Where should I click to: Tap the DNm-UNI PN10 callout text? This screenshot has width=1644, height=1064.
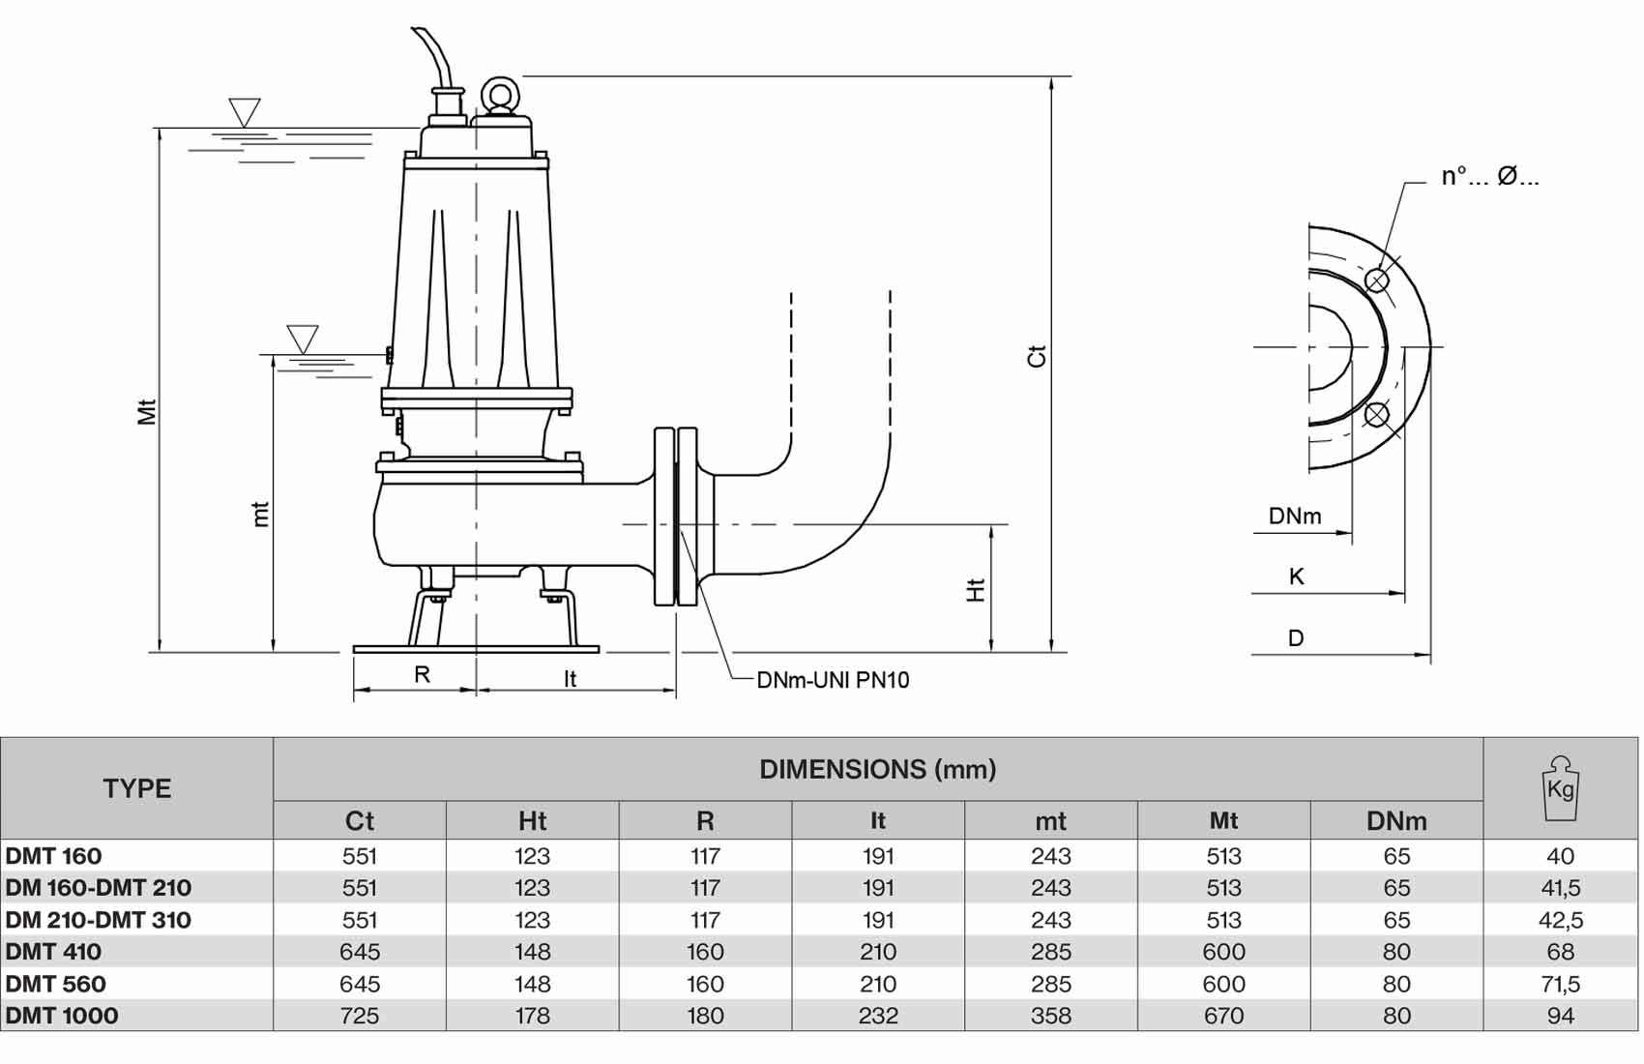point(833,680)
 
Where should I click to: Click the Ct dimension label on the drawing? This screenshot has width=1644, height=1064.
point(1037,356)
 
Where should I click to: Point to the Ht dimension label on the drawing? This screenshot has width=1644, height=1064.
point(976,590)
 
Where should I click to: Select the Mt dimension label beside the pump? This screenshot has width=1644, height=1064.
point(148,412)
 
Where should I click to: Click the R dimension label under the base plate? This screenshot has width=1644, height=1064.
point(422,674)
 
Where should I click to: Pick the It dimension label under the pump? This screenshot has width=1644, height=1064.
point(571,679)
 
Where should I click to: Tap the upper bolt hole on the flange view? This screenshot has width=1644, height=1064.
point(1377,281)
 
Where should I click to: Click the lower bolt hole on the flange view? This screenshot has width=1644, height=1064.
point(1376,415)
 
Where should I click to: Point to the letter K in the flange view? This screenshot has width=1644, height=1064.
point(1296,576)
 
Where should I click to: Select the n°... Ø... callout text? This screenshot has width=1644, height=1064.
point(1490,176)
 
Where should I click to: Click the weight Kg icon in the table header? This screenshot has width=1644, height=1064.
point(1560,787)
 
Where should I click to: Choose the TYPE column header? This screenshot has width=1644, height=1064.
point(137,788)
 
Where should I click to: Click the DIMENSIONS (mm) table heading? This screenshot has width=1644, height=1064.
point(878,769)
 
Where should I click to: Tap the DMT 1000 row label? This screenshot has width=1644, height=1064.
point(62,1016)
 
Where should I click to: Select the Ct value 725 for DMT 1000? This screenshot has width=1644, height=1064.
point(360,1016)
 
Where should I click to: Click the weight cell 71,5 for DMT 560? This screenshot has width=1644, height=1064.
point(1560,983)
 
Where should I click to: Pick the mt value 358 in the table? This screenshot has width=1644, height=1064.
point(1051,1016)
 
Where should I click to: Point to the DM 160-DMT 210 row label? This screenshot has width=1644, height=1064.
point(99,888)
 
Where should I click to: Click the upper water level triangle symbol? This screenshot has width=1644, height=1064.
point(245,112)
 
